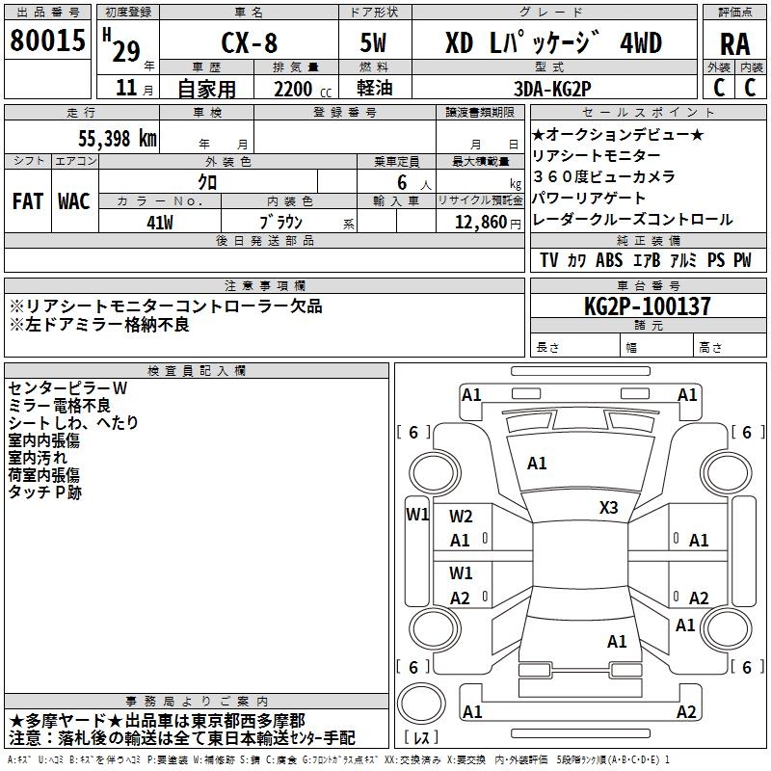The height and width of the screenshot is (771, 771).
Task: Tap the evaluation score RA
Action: [x=734, y=44]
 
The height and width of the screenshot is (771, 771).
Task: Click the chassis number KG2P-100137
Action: [x=648, y=306]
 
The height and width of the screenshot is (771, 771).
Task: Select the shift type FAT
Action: [x=27, y=200]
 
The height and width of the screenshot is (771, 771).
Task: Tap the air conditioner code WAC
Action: [x=74, y=200]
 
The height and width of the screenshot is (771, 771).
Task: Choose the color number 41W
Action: [x=160, y=223]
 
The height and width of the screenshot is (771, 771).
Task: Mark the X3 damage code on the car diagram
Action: [x=609, y=507]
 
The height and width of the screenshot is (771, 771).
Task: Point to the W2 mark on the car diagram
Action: [x=461, y=517]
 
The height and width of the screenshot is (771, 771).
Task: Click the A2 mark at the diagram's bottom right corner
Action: [x=686, y=712]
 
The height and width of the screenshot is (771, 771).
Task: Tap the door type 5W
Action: [x=374, y=44]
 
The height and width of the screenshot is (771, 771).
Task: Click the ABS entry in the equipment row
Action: [x=609, y=260]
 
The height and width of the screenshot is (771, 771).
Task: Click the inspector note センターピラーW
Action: [x=67, y=387]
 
